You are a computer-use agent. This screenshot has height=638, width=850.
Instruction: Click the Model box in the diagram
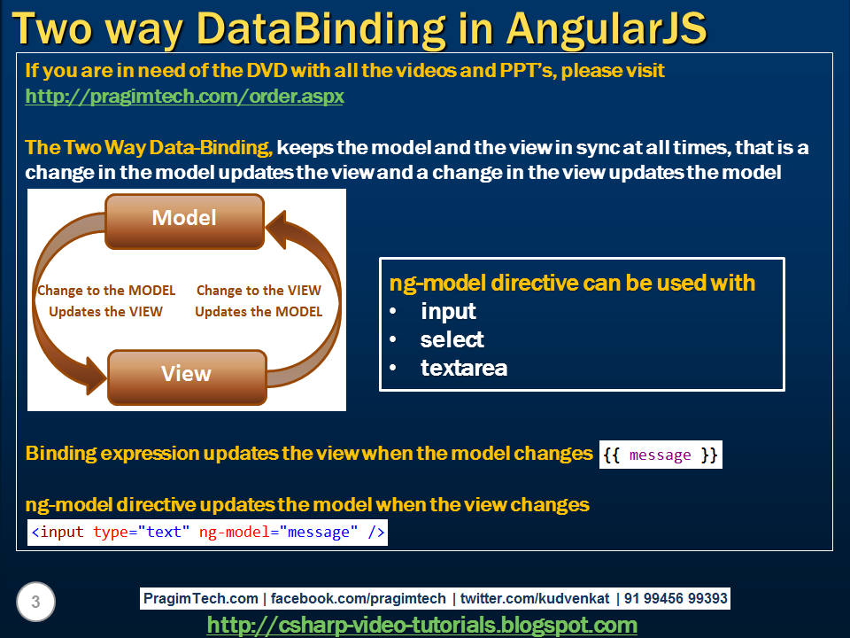(184, 218)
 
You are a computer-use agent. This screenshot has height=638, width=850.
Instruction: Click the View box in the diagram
(186, 374)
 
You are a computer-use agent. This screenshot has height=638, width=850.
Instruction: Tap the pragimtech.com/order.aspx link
(184, 96)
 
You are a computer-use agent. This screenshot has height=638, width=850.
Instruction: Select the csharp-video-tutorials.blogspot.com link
(421, 625)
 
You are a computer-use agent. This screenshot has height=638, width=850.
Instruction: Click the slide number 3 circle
(35, 603)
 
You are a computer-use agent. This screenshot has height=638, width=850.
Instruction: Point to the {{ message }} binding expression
(661, 455)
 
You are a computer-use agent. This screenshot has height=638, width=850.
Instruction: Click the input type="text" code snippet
(208, 533)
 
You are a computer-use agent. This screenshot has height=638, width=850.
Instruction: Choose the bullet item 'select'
(452, 339)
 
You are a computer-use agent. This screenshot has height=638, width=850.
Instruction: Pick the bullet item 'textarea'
(463, 368)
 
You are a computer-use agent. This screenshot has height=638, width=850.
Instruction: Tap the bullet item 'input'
(448, 311)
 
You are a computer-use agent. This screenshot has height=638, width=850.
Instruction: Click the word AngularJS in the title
(607, 28)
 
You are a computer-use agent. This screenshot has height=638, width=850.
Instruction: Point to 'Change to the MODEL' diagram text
(106, 290)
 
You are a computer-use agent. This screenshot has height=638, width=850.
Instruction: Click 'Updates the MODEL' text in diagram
(259, 311)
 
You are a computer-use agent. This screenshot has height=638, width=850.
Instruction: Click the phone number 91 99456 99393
(676, 598)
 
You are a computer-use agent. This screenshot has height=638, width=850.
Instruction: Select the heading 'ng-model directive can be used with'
(572, 283)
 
